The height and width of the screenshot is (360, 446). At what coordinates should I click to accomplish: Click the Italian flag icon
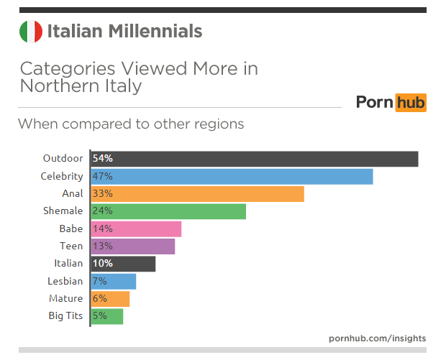[x=30, y=32]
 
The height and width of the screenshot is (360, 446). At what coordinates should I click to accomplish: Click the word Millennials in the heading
[x=155, y=32]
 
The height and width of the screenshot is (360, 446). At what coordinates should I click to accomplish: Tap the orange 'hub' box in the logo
[x=410, y=102]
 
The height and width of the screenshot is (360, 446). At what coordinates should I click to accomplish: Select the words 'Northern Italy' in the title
[x=81, y=86]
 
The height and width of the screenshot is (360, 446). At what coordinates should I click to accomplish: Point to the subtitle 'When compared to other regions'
[x=131, y=124]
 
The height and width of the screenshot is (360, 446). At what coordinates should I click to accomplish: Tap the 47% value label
[x=102, y=176]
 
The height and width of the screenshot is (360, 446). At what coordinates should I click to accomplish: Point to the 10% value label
[x=102, y=264]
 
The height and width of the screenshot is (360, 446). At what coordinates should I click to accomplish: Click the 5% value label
[x=99, y=316]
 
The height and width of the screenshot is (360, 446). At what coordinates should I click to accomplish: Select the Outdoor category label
[x=63, y=159]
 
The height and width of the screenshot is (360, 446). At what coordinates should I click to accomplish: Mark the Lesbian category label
[x=65, y=281]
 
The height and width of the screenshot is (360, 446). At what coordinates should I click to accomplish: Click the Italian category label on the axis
[x=68, y=264]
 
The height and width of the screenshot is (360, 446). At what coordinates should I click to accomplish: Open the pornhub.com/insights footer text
[x=377, y=338]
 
